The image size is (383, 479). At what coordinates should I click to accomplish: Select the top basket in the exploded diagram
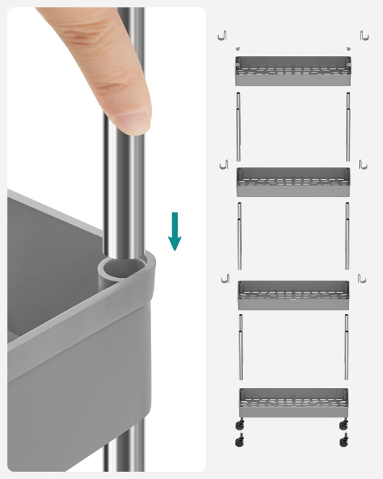293,71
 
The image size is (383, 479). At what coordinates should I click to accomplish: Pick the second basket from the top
293,182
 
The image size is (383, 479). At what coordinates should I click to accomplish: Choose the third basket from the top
293,295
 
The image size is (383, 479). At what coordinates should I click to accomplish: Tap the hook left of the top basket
222,36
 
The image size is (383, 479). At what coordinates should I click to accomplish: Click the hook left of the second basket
222,166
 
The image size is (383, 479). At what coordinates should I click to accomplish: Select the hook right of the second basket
363,166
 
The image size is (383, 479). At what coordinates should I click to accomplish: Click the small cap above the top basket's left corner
237,49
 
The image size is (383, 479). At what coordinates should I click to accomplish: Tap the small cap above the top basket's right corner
348,49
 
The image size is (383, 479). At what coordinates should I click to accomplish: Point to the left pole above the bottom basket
240,346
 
